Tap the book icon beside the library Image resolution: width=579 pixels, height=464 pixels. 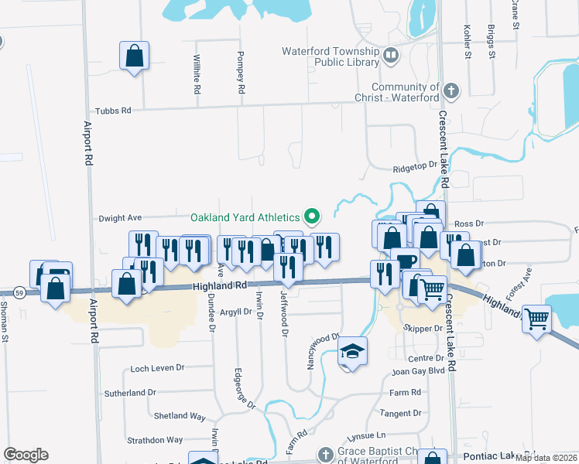391,55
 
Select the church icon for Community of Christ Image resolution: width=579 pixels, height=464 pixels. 451,93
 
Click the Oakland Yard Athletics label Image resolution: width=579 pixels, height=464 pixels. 245,217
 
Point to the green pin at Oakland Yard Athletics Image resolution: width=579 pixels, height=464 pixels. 312,216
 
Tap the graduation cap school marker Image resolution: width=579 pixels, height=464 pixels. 352,353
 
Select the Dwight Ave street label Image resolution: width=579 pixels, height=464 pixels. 120,219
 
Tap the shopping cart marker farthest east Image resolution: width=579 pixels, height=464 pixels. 537,317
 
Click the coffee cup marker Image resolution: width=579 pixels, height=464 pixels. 405,261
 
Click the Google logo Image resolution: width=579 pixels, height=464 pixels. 26,455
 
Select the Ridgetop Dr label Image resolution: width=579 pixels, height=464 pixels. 415,166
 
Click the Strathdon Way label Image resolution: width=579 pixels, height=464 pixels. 156,440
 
